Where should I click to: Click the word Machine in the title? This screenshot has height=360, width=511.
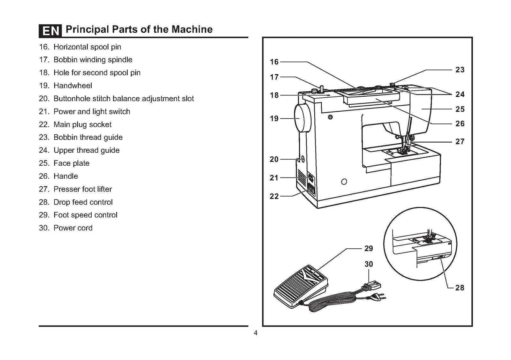[192, 29]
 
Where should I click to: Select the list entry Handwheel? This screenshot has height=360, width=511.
[72, 86]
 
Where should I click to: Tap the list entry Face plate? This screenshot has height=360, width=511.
[71, 163]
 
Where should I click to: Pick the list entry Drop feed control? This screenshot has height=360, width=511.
[83, 202]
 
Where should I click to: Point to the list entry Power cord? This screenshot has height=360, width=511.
[73, 228]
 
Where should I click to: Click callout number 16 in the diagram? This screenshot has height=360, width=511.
[274, 62]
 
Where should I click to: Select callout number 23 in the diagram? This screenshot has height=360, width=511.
[460, 70]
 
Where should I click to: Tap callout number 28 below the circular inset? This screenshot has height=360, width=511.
[459, 288]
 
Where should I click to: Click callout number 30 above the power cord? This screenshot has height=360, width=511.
[369, 264]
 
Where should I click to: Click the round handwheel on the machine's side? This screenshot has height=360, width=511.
[302, 118]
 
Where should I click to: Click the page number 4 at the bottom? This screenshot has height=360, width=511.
[255, 333]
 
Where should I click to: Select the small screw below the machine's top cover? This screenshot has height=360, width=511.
[330, 117]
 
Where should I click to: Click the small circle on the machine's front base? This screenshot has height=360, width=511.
[344, 182]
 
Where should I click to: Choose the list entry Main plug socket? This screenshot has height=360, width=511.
[82, 124]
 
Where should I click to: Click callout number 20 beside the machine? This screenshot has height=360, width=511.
[274, 159]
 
